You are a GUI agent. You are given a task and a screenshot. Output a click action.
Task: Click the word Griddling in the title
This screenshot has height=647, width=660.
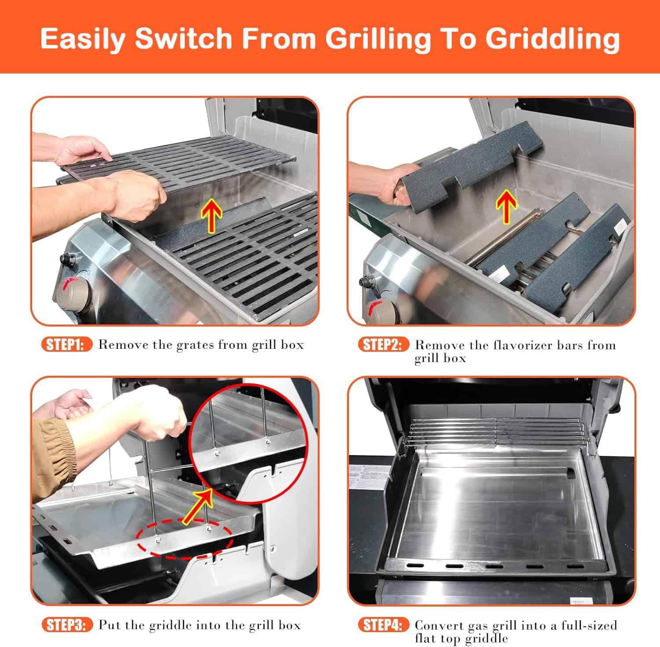coord(553,39)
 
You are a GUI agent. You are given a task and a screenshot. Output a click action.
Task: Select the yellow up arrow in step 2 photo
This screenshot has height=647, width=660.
coord(506,207)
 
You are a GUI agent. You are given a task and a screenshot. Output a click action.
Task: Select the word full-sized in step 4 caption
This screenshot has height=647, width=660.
coord(589,625)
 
